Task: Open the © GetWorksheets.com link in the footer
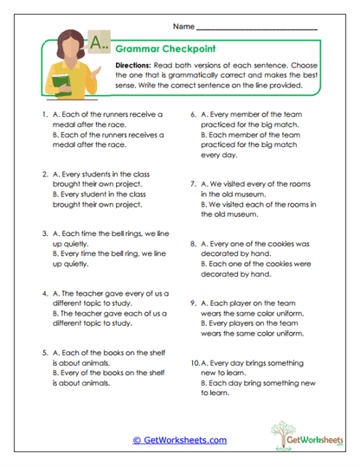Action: coord(180,440)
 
